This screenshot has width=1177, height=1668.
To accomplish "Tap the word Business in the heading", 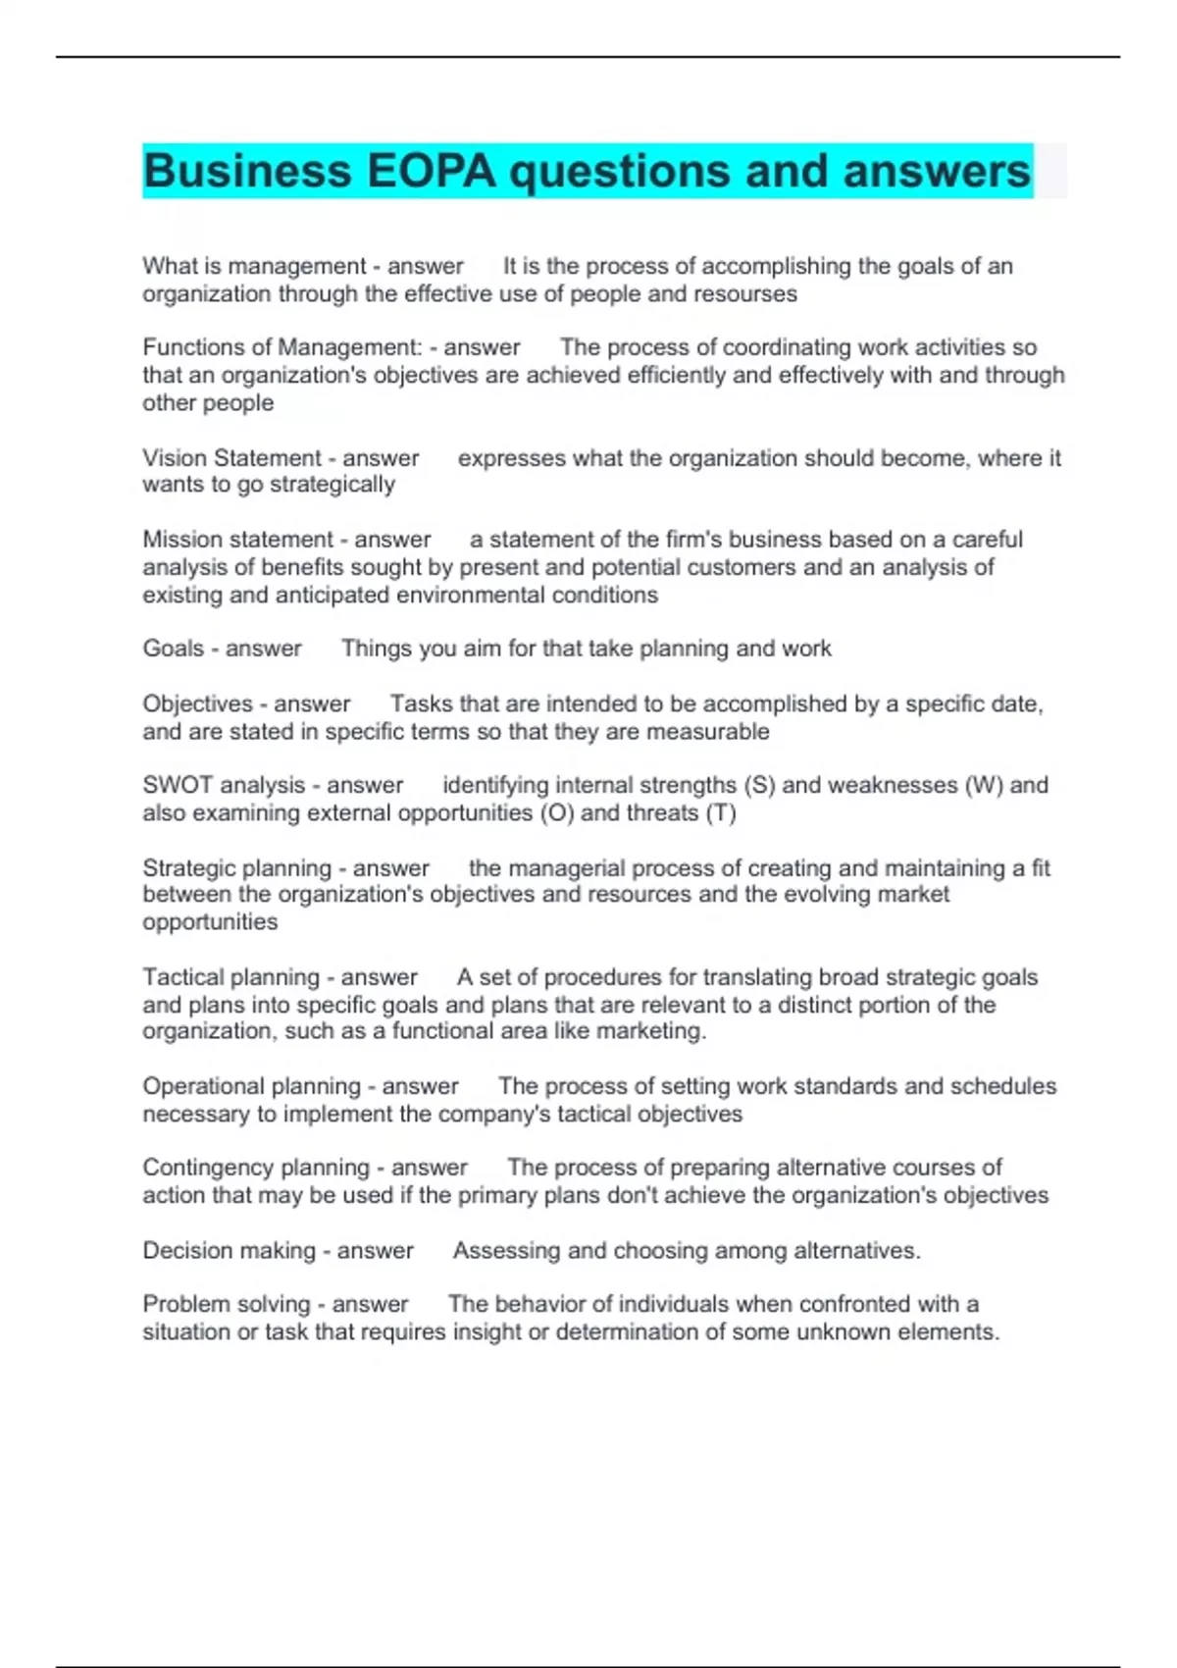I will tap(247, 172).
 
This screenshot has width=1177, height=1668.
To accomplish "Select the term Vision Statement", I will tap(231, 458).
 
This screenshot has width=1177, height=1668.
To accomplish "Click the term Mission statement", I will tap(238, 540).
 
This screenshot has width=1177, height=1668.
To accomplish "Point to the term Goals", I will tap(173, 649).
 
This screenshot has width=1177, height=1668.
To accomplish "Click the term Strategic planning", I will tap(237, 868).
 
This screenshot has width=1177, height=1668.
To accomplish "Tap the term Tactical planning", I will tap(231, 977).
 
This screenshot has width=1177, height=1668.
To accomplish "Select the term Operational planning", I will tap(252, 1086).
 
